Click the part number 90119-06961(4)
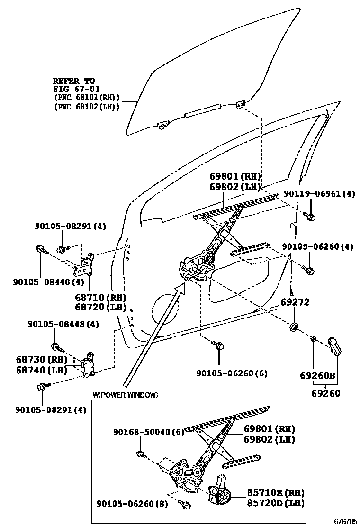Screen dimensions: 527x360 319,193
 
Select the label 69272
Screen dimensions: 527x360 295,302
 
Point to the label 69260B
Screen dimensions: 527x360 317,376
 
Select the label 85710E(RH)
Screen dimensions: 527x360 275,493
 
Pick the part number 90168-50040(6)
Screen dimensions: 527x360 148,432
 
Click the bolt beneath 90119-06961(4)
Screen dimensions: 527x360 311,217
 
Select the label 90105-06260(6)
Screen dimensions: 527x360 232,373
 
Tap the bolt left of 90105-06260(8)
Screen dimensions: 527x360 186,505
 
